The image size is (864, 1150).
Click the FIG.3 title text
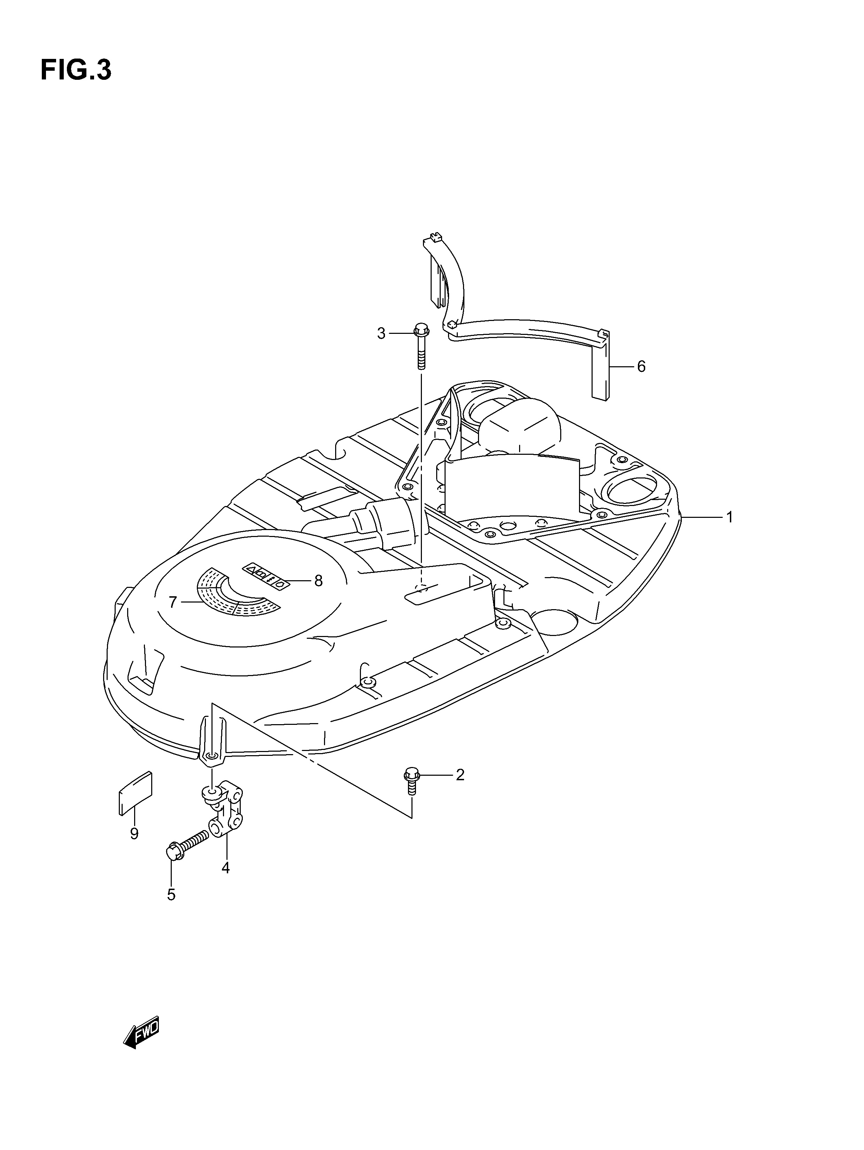76,70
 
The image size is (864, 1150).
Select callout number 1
730,517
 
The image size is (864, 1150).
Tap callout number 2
460,789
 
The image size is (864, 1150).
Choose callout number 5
171,894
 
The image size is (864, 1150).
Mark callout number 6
641,367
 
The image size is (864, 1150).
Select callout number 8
318,580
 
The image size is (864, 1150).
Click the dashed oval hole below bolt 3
422,588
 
